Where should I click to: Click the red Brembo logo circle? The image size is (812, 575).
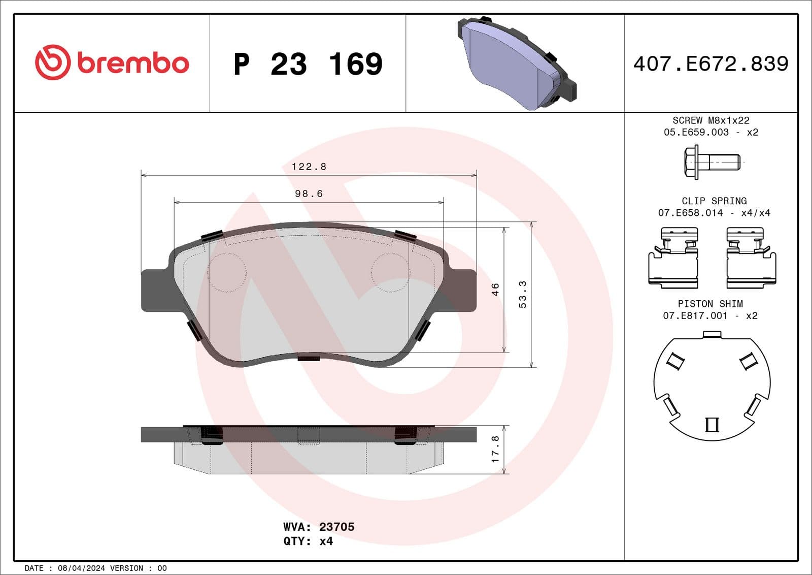click(x=52, y=62)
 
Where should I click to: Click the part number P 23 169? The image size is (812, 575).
click(x=308, y=64)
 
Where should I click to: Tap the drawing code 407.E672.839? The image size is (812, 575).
click(x=710, y=64)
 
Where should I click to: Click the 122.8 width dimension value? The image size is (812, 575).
click(x=309, y=167)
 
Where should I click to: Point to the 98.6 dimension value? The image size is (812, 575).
click(x=309, y=194)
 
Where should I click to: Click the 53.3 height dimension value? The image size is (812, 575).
click(x=522, y=294)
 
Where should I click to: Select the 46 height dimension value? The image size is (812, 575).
click(x=495, y=289)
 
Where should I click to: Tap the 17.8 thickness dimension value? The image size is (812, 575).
click(x=495, y=449)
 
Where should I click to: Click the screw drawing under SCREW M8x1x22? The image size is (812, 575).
click(x=711, y=163)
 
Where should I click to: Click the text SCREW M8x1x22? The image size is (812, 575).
click(x=710, y=120)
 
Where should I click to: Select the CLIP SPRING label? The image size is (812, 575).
click(x=714, y=201)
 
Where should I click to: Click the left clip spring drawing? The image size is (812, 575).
click(x=673, y=258)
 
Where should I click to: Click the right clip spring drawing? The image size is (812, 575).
click(x=751, y=258)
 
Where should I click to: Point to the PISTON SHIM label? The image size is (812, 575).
click(x=710, y=304)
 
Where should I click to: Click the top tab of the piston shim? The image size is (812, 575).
click(x=712, y=334)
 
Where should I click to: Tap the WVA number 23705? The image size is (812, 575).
click(x=336, y=527)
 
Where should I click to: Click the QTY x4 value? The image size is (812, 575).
click(x=326, y=541)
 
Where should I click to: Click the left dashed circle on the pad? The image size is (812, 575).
click(x=227, y=272)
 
